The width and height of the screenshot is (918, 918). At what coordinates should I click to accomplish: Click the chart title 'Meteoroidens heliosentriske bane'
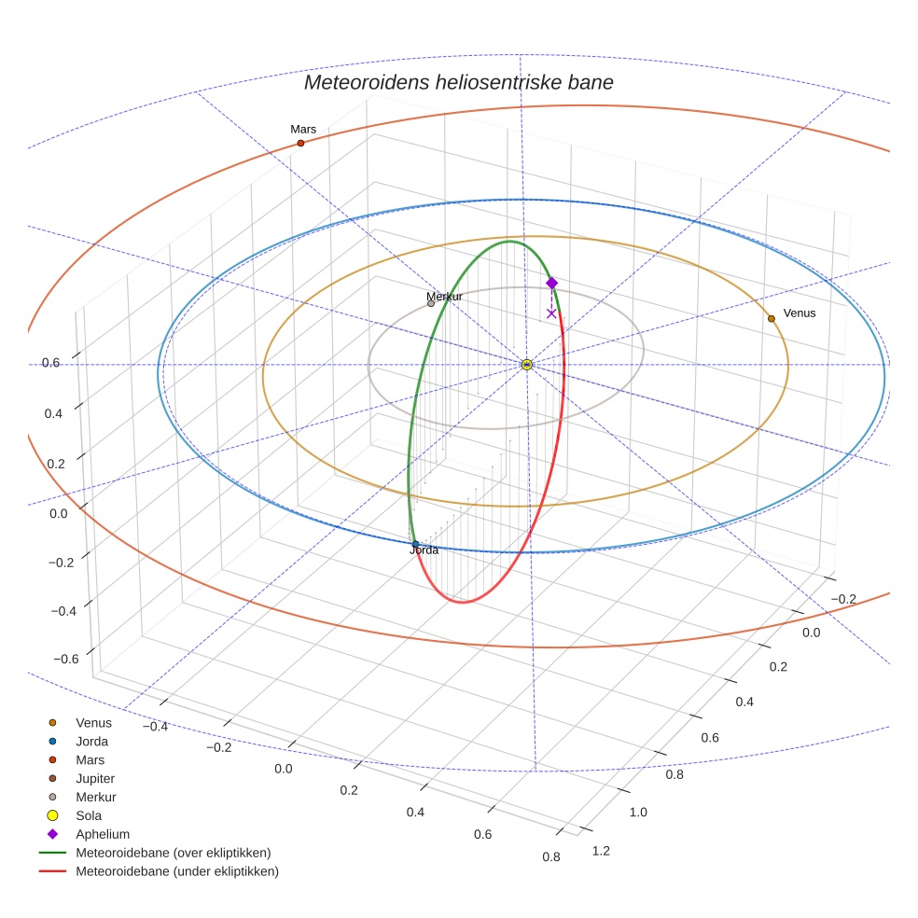tap(458, 82)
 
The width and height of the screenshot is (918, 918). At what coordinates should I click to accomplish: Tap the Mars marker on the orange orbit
tap(300, 143)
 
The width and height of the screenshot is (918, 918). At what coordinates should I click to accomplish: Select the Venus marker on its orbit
tap(771, 319)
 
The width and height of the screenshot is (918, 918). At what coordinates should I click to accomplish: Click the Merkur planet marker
tap(430, 303)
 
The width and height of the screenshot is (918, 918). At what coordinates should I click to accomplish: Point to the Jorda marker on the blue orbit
tap(415, 544)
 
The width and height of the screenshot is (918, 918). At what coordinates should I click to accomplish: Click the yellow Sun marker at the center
tap(527, 364)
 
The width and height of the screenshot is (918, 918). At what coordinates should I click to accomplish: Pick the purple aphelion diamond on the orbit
tap(551, 283)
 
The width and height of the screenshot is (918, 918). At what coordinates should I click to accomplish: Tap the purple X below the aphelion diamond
tap(551, 313)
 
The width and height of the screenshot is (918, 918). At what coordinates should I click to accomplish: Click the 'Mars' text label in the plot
tap(303, 129)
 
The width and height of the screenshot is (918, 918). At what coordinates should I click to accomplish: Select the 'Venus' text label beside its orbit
tap(800, 313)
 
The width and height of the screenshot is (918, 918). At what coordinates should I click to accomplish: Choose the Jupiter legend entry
tap(95, 778)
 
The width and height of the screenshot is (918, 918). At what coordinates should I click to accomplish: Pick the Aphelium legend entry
tap(103, 834)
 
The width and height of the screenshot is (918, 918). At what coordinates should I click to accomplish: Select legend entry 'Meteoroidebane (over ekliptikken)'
tap(174, 853)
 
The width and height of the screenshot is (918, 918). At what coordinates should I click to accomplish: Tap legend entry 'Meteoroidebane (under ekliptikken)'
tap(177, 871)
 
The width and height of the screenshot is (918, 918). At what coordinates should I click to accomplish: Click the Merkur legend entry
tap(95, 797)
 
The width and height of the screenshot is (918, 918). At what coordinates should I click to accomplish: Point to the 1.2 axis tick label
tap(601, 850)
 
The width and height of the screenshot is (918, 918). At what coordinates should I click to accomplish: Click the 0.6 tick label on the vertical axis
tap(50, 362)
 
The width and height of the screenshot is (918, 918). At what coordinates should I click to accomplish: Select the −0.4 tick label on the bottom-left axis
tap(155, 726)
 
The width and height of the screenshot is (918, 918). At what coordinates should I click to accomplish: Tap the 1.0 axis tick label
tap(638, 813)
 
